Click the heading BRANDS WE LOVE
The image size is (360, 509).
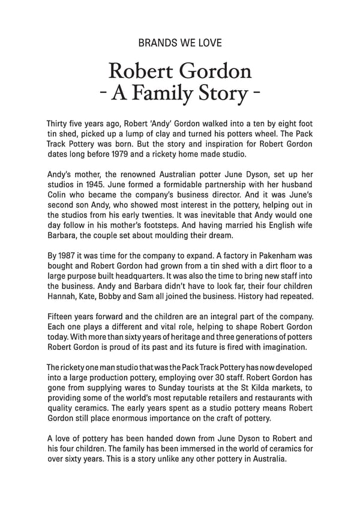pos(180,43)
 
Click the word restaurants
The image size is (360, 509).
pos(274,412)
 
